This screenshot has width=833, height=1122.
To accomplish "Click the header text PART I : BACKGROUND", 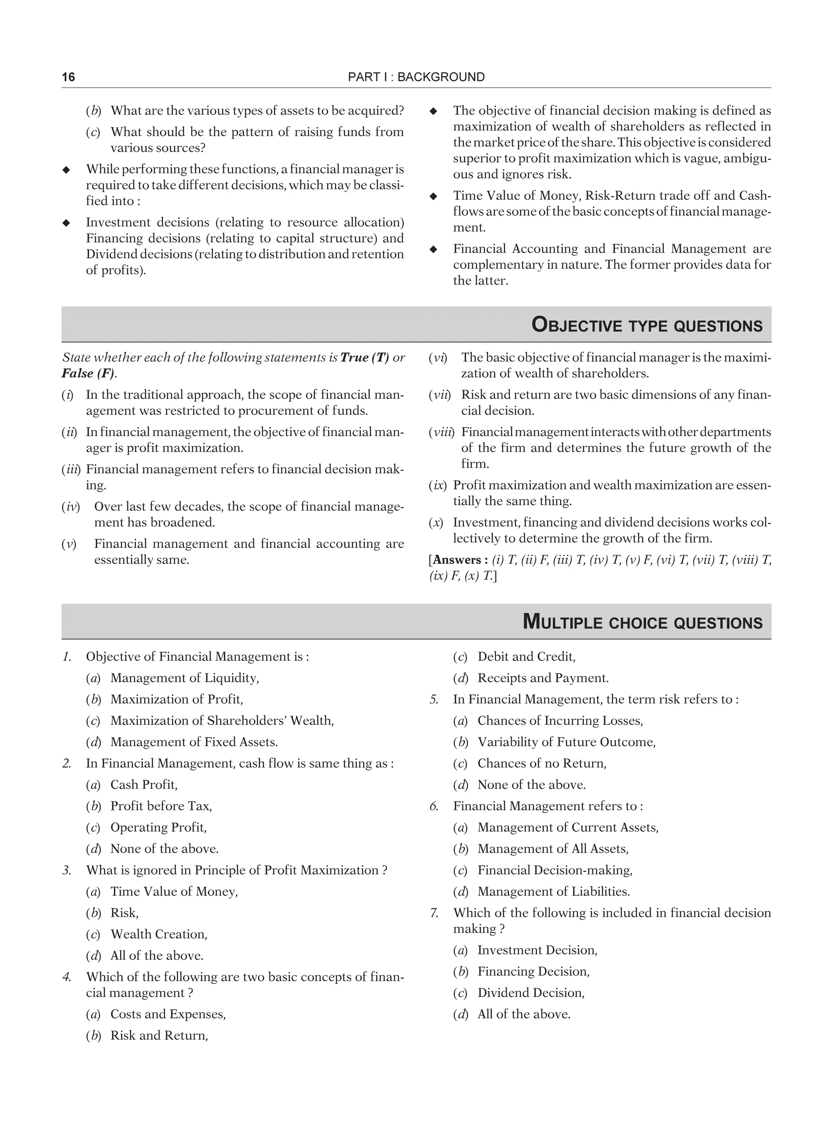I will point(416,77).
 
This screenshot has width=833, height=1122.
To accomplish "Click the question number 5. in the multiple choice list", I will point(434,699).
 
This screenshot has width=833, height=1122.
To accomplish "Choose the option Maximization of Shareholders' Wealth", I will point(222,720).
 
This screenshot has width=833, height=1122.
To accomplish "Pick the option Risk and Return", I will point(159,1035).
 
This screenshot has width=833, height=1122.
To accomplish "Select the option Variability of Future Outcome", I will point(566,742).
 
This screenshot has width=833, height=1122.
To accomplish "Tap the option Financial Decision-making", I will point(555,870).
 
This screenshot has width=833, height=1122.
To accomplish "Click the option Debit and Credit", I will point(526,657).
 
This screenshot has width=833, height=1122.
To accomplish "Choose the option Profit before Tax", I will point(161,806).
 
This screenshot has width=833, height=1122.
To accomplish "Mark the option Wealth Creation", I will point(159,934).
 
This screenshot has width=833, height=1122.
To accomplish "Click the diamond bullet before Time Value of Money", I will point(433,196).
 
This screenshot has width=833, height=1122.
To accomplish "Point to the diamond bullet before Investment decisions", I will point(66,223).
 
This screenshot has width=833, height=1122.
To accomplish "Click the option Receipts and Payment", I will point(543,678).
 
